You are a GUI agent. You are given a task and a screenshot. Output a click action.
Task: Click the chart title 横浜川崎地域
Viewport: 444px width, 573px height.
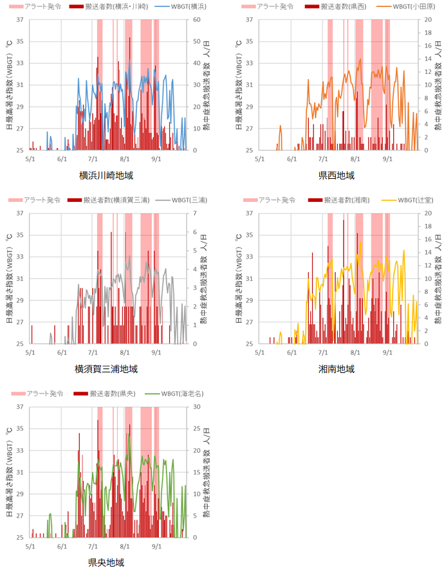click(x=107, y=176)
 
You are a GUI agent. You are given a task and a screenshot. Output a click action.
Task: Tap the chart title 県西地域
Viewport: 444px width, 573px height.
click(x=337, y=176)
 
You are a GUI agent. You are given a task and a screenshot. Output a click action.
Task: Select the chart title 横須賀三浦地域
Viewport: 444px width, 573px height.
click(x=107, y=369)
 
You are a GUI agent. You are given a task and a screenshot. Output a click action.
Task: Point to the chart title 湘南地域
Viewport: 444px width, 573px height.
click(x=337, y=369)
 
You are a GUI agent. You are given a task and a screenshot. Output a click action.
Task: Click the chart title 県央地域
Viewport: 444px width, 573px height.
click(x=107, y=563)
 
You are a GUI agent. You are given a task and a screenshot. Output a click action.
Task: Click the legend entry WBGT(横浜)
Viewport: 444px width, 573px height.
click(x=189, y=6)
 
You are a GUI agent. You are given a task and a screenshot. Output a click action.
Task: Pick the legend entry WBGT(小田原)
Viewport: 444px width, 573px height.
click(x=414, y=6)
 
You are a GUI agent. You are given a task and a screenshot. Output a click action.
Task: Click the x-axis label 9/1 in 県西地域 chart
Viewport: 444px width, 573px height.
click(x=387, y=157)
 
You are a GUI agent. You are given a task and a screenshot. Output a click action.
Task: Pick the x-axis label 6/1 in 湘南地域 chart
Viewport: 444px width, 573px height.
click(x=291, y=350)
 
